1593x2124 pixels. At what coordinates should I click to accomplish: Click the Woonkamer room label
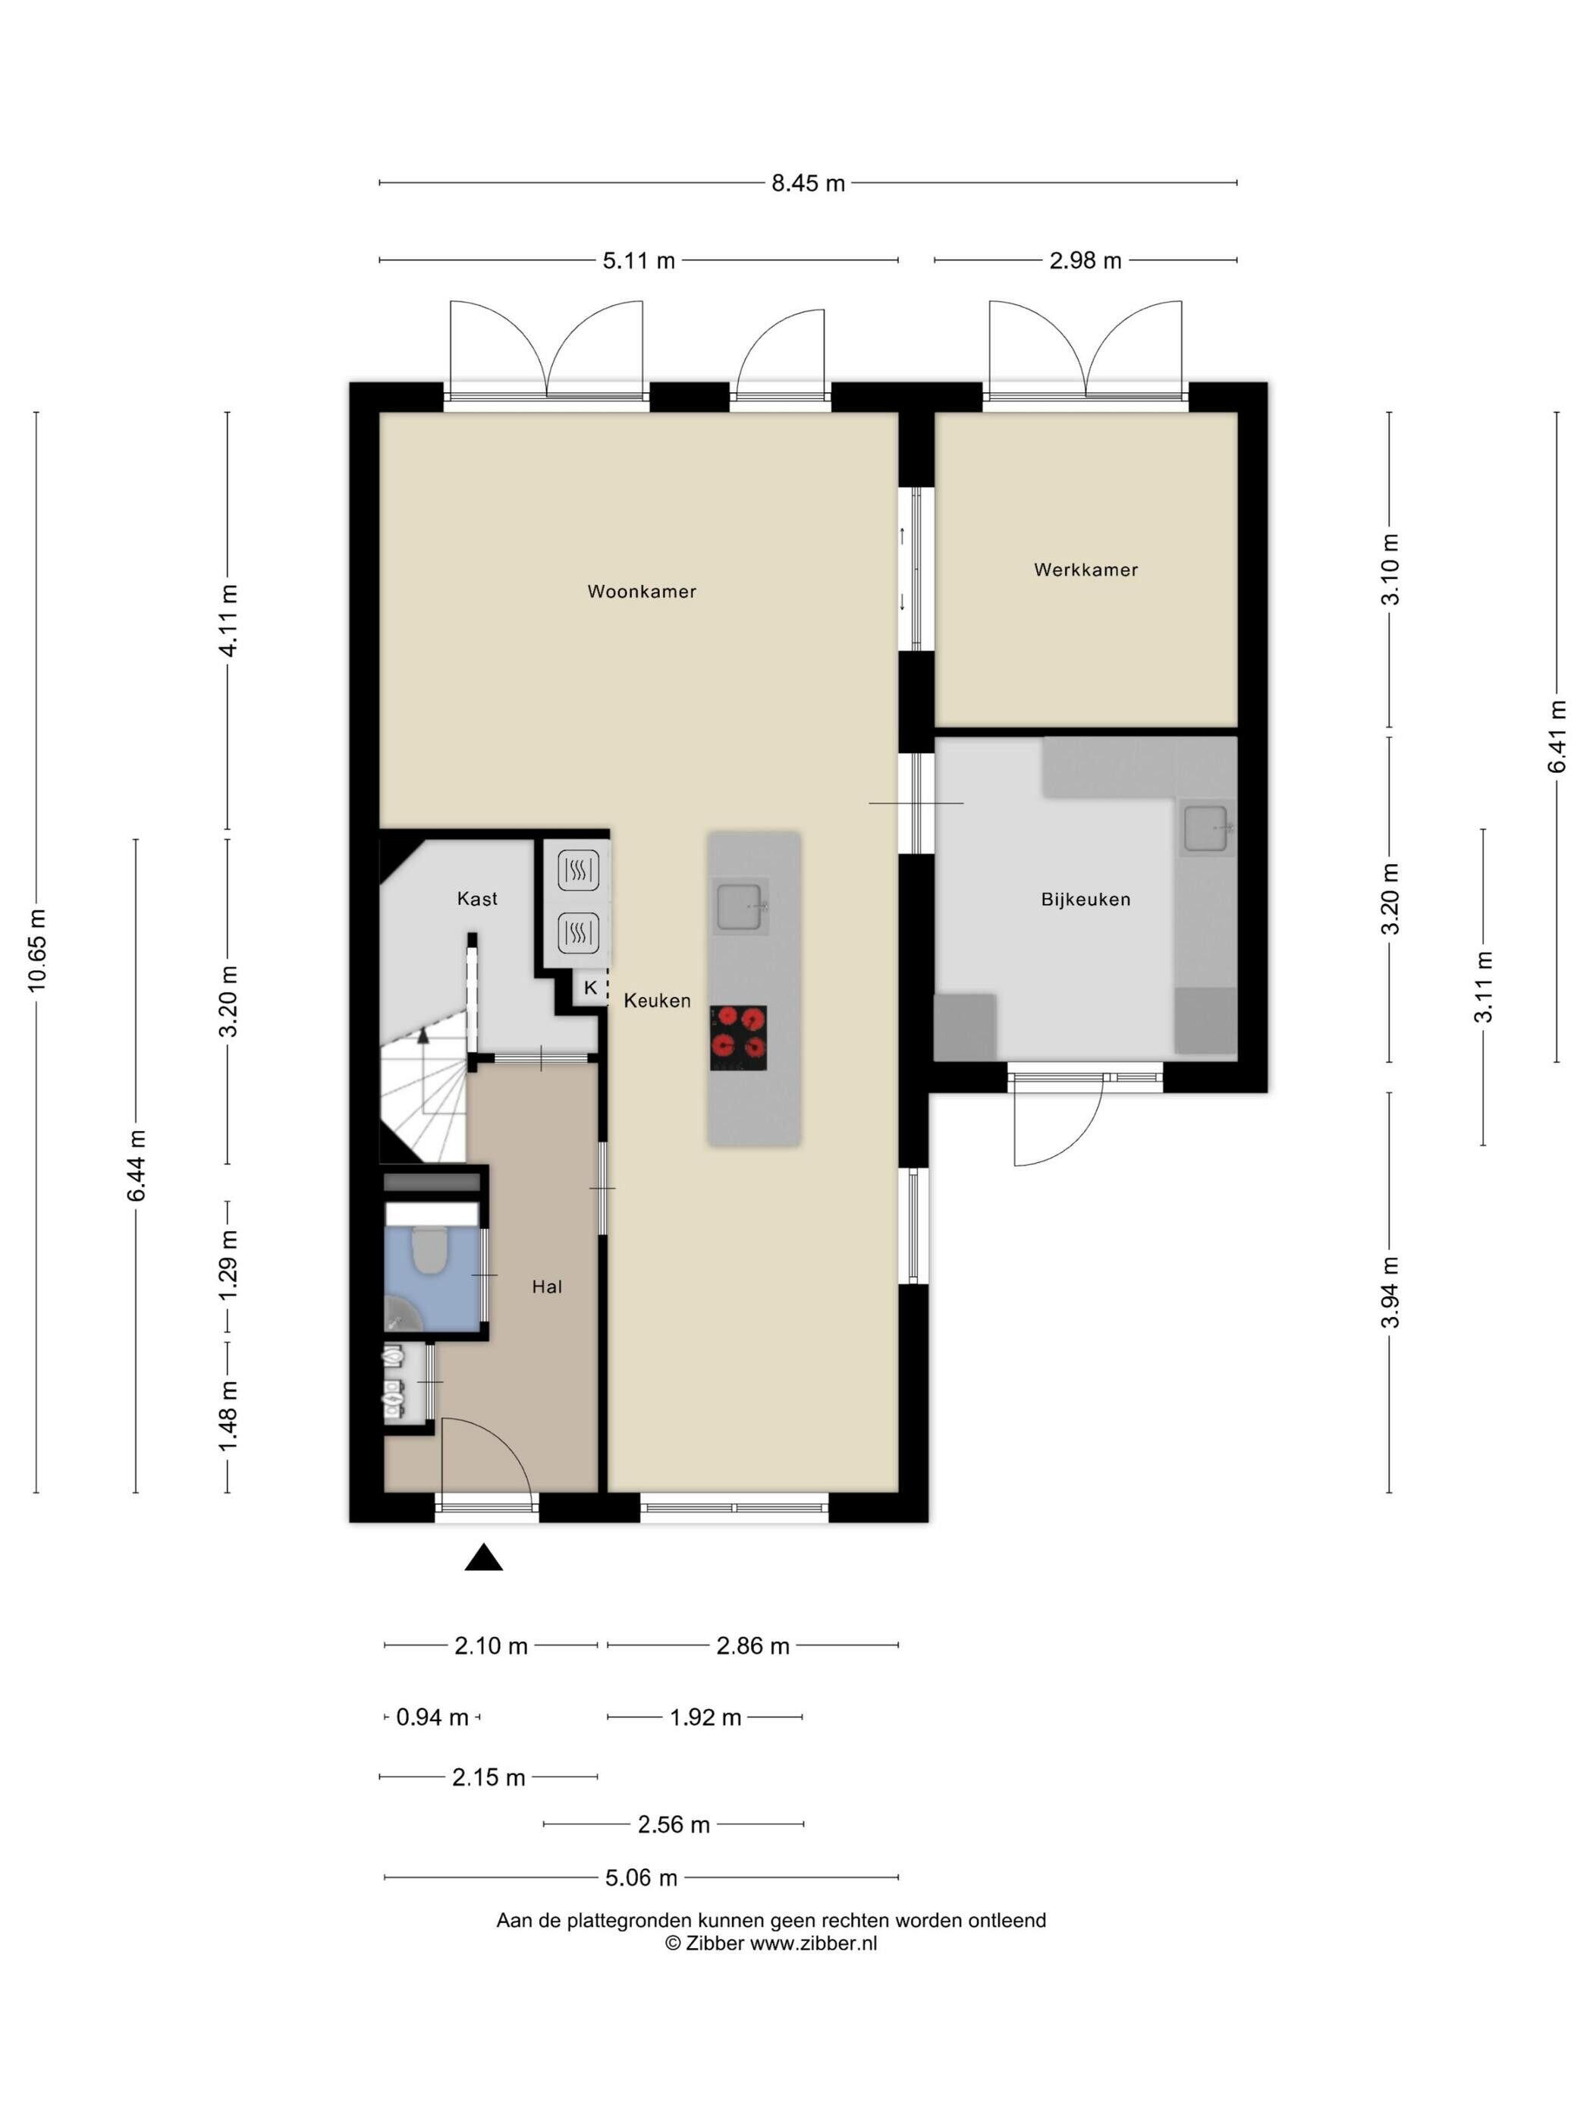pyautogui.click(x=642, y=592)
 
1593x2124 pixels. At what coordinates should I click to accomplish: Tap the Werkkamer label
pyautogui.click(x=1086, y=570)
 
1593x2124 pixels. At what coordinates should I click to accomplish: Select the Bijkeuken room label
pyautogui.click(x=1086, y=900)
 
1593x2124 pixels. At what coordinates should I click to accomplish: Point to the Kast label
pyautogui.click(x=477, y=899)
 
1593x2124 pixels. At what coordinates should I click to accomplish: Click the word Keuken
pyautogui.click(x=658, y=1001)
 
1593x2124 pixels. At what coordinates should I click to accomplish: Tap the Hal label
pyautogui.click(x=548, y=1287)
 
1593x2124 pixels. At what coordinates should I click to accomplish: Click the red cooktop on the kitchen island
pyautogui.click(x=738, y=1038)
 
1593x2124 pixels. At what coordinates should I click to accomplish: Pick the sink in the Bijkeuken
pyautogui.click(x=1208, y=828)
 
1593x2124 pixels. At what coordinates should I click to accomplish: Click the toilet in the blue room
pyautogui.click(x=429, y=1249)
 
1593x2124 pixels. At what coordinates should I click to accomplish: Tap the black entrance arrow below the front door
pyautogui.click(x=484, y=1557)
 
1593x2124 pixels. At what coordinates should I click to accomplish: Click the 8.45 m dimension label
pyautogui.click(x=809, y=184)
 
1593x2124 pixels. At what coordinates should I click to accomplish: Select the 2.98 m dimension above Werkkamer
pyautogui.click(x=1085, y=260)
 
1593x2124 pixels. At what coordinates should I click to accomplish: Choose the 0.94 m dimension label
pyautogui.click(x=432, y=1717)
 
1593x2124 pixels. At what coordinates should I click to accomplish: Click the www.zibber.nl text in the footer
pyautogui.click(x=813, y=1943)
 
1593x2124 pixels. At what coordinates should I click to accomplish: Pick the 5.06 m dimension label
pyautogui.click(x=642, y=1877)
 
